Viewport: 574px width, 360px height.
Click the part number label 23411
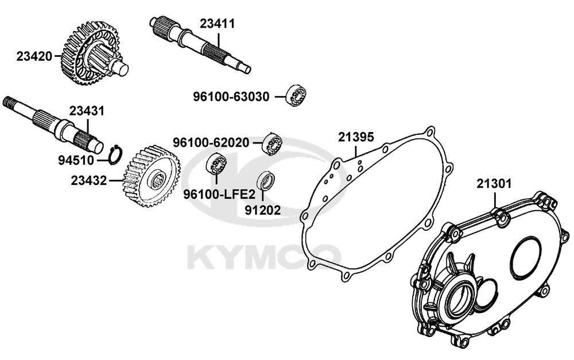click(x=217, y=24)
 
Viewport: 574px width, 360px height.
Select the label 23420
click(x=34, y=57)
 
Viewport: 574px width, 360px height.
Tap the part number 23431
click(x=87, y=111)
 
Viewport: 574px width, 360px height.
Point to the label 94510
click(x=76, y=160)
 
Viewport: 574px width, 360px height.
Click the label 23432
click(x=89, y=180)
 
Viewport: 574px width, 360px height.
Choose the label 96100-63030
click(x=231, y=96)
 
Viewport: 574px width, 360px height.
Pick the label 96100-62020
click(x=211, y=142)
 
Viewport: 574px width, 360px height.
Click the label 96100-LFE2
click(x=219, y=193)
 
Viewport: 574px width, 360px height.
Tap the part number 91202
click(x=263, y=210)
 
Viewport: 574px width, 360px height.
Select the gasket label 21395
click(x=356, y=137)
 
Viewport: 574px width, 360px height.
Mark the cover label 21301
click(x=494, y=183)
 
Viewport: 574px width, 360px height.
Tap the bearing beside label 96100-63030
click(x=296, y=95)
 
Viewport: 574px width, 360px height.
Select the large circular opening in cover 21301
click(x=524, y=256)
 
